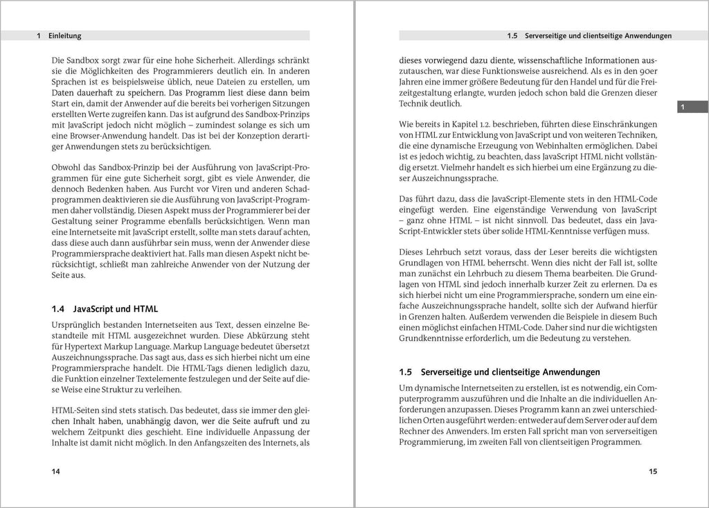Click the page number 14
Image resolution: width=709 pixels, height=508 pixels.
(56, 471)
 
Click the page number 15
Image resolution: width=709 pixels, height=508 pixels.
(652, 471)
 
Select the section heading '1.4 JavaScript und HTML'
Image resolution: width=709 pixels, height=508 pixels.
(105, 308)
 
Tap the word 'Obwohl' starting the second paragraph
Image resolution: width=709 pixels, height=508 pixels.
(67, 167)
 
